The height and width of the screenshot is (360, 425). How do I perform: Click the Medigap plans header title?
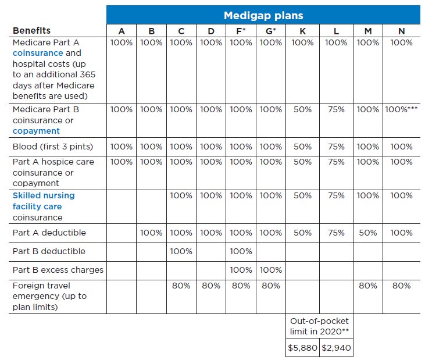(x=263, y=15)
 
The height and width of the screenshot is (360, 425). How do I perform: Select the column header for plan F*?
(x=241, y=31)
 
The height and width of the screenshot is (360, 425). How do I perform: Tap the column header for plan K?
(x=302, y=31)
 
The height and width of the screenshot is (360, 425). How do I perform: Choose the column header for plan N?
(x=401, y=31)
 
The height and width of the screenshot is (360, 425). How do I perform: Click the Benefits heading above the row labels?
(x=31, y=30)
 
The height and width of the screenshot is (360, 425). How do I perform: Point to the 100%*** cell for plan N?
(x=401, y=109)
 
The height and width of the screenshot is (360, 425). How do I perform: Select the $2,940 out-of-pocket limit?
(x=336, y=348)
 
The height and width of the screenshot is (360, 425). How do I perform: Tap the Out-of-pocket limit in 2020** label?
(x=319, y=326)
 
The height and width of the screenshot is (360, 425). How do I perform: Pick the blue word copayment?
(x=36, y=131)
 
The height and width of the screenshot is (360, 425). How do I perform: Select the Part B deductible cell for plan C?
(x=181, y=251)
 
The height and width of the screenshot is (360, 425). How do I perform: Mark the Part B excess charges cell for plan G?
(x=270, y=270)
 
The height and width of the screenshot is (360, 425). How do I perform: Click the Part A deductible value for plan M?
(x=368, y=233)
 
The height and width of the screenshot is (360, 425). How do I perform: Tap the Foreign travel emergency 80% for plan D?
(x=210, y=286)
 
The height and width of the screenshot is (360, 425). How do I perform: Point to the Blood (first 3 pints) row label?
(x=52, y=146)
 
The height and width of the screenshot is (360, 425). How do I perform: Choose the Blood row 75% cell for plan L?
(x=336, y=146)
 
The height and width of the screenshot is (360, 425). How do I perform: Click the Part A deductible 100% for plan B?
(x=151, y=233)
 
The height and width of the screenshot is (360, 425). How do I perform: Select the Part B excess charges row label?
(x=58, y=270)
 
